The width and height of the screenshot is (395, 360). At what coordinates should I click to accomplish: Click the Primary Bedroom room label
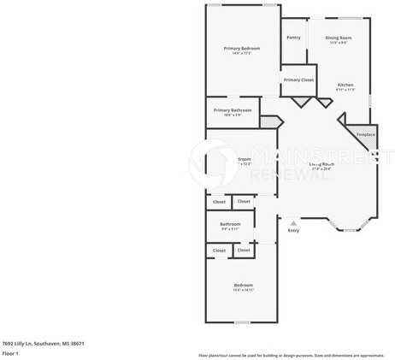(242, 49)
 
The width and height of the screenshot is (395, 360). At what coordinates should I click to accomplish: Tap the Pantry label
(293, 38)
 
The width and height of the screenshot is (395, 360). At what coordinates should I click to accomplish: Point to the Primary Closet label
(298, 80)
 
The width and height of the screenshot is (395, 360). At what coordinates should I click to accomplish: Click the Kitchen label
(345, 85)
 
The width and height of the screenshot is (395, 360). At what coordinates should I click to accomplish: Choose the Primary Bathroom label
(233, 110)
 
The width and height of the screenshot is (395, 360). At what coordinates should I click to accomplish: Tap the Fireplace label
(366, 134)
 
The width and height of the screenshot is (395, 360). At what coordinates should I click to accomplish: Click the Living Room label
(321, 163)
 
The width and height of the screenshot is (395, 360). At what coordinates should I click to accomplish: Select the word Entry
(293, 230)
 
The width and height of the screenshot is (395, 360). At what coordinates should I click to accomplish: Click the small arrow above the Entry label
(293, 222)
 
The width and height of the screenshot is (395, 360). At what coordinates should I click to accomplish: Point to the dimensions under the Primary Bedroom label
(242, 54)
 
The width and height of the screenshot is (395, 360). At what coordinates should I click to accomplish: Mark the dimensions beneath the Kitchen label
(345, 90)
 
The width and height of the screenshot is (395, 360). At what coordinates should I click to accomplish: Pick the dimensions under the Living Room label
(321, 168)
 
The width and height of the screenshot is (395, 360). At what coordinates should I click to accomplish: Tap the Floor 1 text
(10, 352)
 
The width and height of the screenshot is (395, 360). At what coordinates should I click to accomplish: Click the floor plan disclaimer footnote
(291, 354)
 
